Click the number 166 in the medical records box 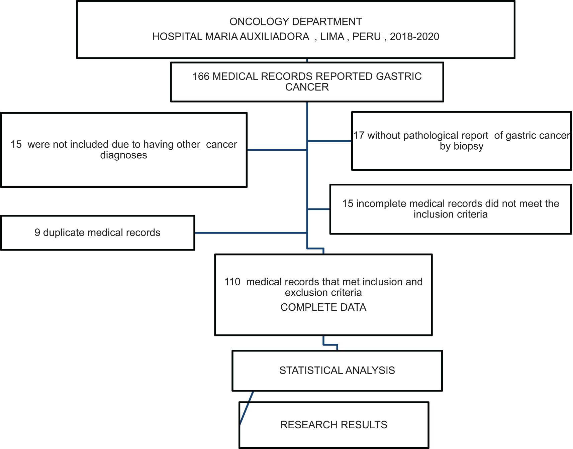(x=201, y=77)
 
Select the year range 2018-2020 (x=414, y=36)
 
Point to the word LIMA (x=332, y=36)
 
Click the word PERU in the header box (x=367, y=36)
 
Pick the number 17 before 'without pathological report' (x=359, y=136)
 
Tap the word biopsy (x=468, y=147)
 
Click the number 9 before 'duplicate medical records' (x=37, y=233)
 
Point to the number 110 (x=232, y=282)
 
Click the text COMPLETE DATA (x=323, y=307)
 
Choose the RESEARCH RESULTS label (x=334, y=425)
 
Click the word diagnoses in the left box (x=124, y=155)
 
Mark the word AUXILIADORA (x=274, y=36)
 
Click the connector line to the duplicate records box (x=251, y=233)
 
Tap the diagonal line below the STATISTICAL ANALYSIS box (x=247, y=408)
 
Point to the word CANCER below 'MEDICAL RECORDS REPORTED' (x=307, y=87)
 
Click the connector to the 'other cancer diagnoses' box (x=277, y=150)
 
